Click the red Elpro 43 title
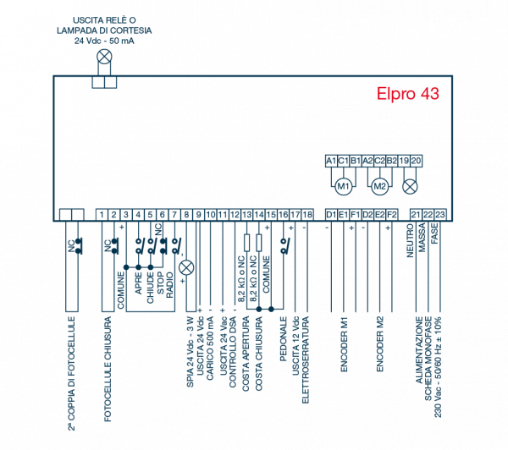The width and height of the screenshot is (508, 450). pos(408,94)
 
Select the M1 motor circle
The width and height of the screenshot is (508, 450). pos(343,185)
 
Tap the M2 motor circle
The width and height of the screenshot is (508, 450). pos(379,185)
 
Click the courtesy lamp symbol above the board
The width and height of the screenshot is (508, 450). pos(104,58)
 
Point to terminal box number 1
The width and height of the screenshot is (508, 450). pos(102,215)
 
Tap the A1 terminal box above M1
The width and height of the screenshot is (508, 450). pos(331,161)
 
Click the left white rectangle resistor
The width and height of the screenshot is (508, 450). pos(247,242)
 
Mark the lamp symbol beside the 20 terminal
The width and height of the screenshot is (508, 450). pos(410,185)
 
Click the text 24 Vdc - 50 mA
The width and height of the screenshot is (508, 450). pos(101,40)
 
